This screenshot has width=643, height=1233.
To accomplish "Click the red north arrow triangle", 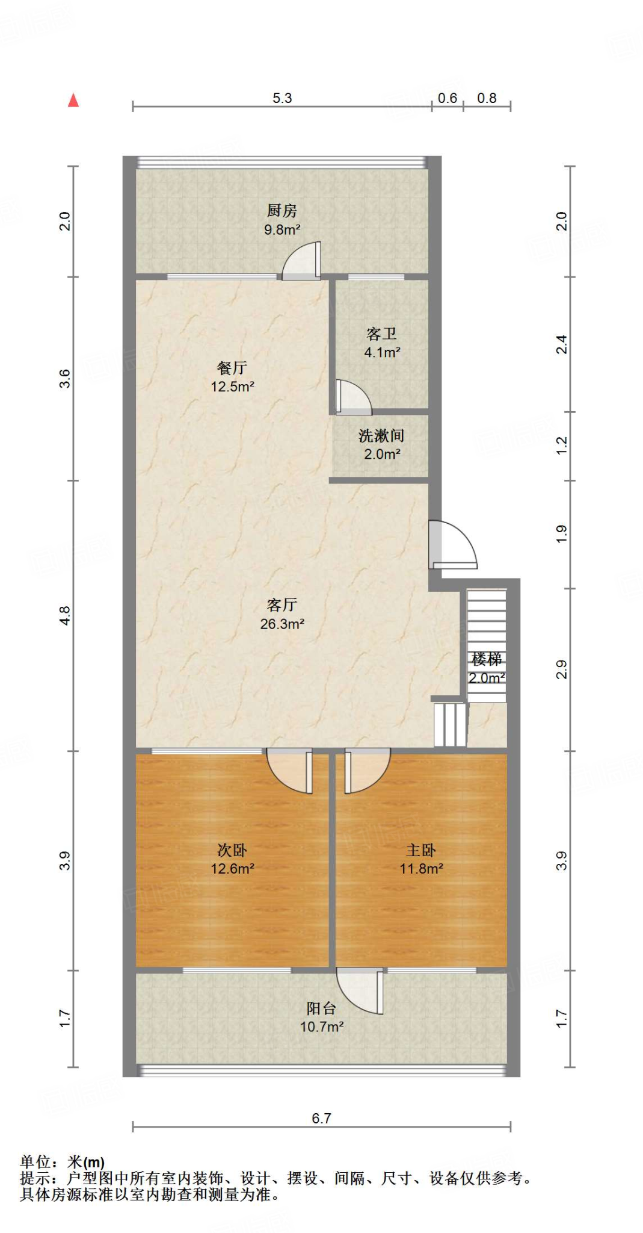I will point(73,101).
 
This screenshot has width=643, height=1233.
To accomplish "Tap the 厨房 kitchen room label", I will point(282,211).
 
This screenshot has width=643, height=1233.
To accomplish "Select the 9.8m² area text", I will point(282,229).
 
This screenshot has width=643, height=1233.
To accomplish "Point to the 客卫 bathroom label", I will point(381,334).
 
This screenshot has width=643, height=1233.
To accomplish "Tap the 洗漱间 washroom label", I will point(381,435).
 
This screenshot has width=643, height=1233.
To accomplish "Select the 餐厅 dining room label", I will point(232,368).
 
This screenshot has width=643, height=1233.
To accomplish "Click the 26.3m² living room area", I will point(282,624).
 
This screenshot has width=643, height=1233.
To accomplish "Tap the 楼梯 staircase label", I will point(486,659).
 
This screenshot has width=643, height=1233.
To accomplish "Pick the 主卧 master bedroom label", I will point(420,850).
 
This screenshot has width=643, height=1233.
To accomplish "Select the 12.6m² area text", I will point(232,869).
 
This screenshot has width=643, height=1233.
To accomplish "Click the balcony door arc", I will point(360,990).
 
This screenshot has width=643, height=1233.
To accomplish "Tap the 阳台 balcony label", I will point(321,1008).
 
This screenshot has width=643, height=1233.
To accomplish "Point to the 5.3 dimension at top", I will point(282,98).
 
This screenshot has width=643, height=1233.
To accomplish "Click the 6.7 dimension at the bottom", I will point(321,1118).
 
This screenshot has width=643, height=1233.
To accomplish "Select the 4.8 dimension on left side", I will point(65,615).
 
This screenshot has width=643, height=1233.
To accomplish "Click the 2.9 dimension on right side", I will point(561,669).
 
